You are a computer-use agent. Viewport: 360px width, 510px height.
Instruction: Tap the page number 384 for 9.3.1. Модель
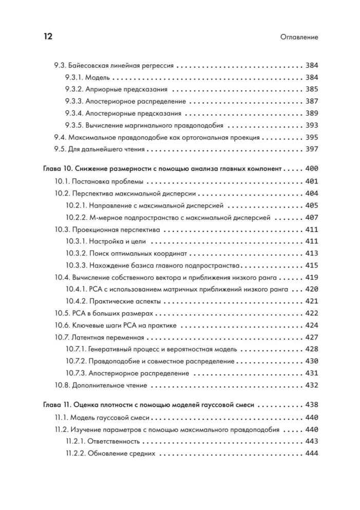tap(312, 78)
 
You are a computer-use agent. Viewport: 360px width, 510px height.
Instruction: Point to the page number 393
tap(312, 125)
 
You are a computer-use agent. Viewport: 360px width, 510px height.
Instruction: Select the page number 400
tap(312, 169)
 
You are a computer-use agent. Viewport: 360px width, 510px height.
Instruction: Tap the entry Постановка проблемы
tap(107, 181)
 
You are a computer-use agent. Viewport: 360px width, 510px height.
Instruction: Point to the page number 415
tap(312, 266)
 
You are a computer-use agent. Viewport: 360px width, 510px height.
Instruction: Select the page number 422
tap(312, 313)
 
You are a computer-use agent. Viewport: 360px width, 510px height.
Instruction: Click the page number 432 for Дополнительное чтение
tap(312, 385)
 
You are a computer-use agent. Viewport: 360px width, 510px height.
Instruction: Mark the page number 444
tap(312, 453)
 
